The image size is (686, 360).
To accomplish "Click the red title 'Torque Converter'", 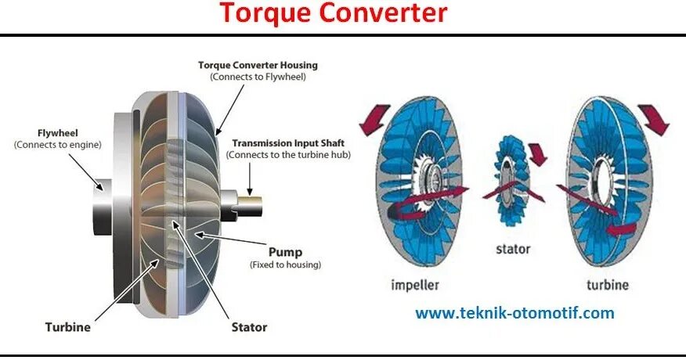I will pos(333,13).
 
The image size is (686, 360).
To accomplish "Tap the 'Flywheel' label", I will pos(57,132).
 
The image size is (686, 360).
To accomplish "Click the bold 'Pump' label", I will pos(285,253).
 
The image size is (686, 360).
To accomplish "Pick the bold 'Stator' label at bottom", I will pos(249,327).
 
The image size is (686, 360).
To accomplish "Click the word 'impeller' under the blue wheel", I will pos(414,285).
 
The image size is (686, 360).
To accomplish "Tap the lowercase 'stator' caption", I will pos(513,250).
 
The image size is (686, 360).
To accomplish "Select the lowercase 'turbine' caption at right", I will pos(608,285).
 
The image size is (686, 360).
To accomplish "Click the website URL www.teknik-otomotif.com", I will pos(514,313).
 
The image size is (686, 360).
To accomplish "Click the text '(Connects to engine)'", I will pos(57,146).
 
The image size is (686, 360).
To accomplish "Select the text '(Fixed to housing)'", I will pos(285,265).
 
